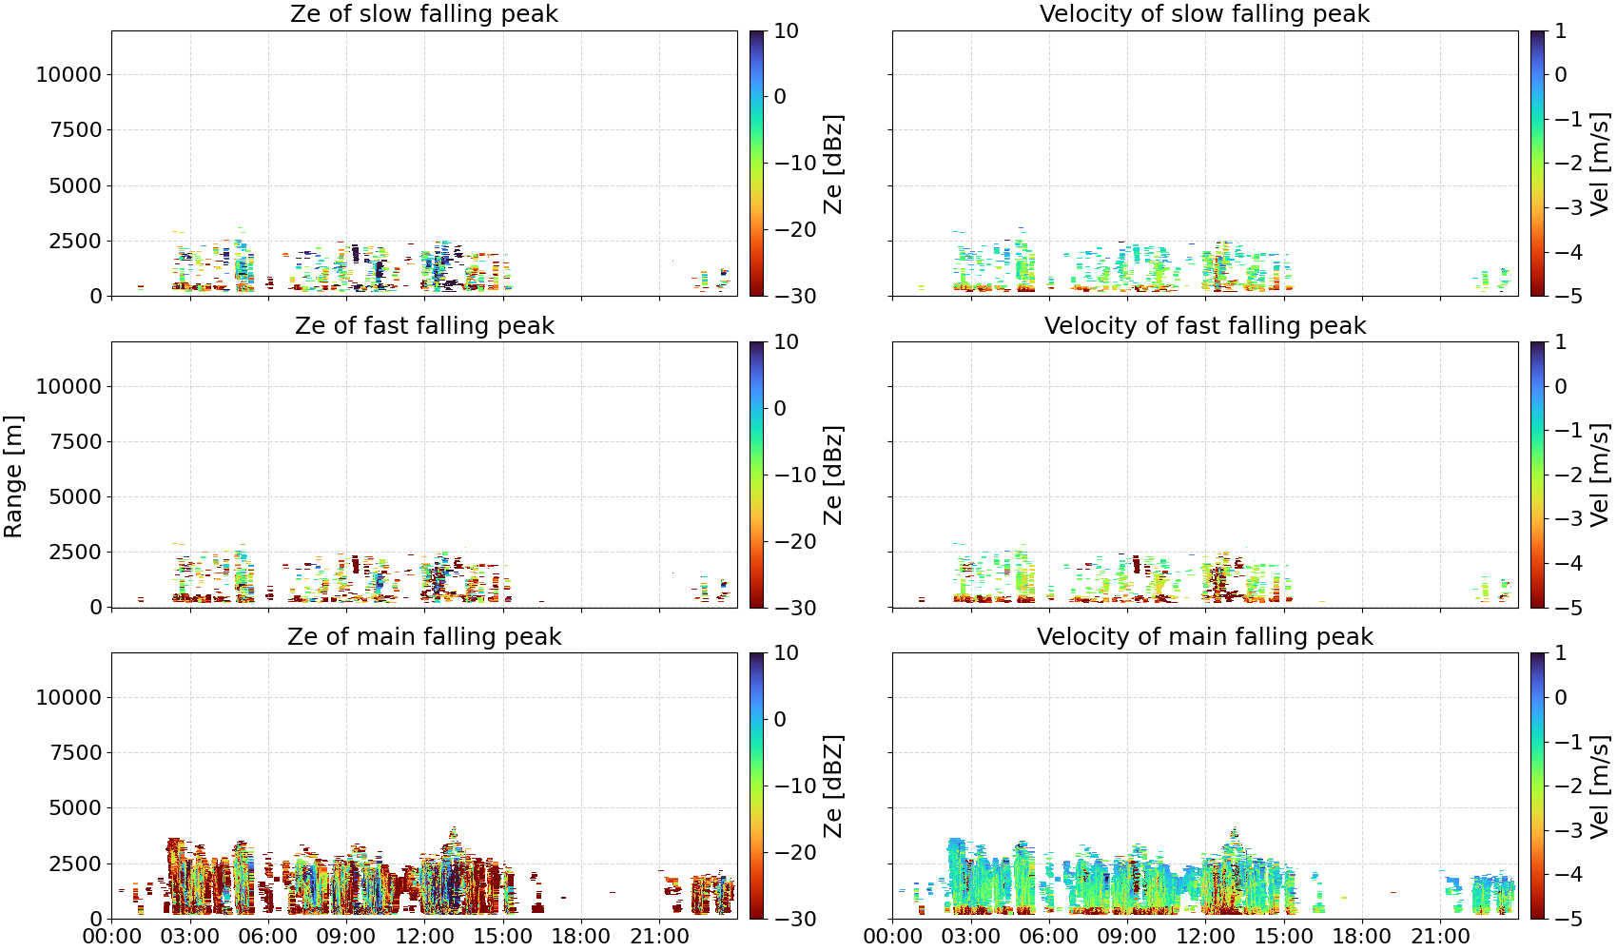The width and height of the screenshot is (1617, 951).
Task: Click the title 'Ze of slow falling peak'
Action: pos(424,13)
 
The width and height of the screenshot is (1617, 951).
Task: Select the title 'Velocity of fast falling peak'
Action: pos(1205,325)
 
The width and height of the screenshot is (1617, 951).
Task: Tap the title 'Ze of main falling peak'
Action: pos(424,636)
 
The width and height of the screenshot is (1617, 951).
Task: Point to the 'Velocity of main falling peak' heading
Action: pos(1205,636)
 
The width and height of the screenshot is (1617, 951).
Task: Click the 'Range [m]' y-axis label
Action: pos(13,476)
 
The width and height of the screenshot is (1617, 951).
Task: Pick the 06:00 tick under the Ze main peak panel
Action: pos(268,937)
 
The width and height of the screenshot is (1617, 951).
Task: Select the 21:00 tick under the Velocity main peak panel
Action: pos(1440,937)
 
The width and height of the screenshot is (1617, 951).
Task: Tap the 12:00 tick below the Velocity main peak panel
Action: pos(1205,937)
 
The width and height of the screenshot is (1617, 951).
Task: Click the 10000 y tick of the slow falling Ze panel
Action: pos(68,74)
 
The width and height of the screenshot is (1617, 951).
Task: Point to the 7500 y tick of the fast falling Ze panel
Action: pos(75,441)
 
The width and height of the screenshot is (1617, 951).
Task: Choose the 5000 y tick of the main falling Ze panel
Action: pos(75,808)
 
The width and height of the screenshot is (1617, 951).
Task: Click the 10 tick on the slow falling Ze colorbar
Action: pos(786,31)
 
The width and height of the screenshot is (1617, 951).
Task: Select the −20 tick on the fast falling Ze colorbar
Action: pos(795,541)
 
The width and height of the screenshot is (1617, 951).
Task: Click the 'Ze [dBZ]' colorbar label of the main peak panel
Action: pos(832,786)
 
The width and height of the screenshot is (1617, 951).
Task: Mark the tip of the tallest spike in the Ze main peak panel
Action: pos(454,826)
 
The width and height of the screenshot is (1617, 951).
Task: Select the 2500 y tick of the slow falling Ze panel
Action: pos(75,241)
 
